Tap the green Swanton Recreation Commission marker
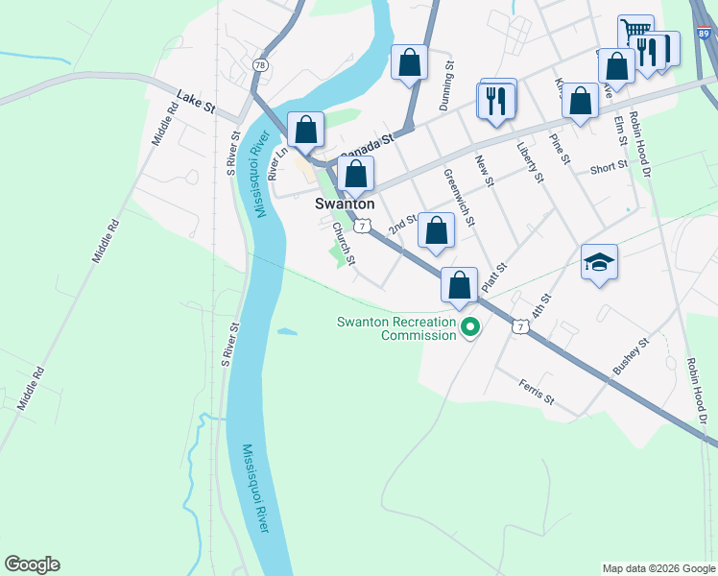coord(470,328)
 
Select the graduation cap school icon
coord(599,261)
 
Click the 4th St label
coord(543,310)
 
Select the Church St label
coord(344,244)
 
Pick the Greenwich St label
coord(458,199)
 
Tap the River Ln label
coord(277,163)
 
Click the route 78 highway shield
coord(260,64)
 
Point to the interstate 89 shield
coord(707,33)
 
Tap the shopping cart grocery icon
coord(634,32)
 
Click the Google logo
coord(32,564)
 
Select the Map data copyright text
coord(658,568)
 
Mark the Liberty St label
coord(530,162)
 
